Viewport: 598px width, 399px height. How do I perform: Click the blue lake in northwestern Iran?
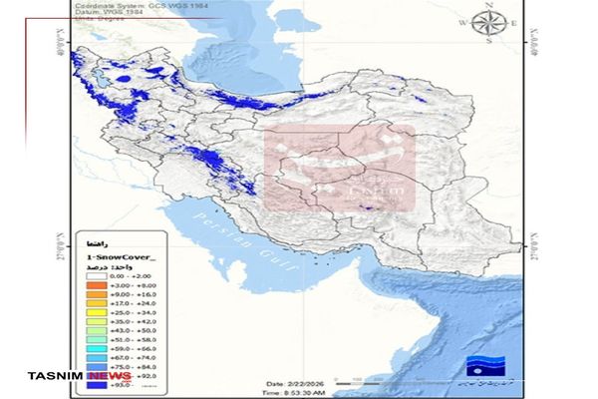[x=123, y=79]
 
